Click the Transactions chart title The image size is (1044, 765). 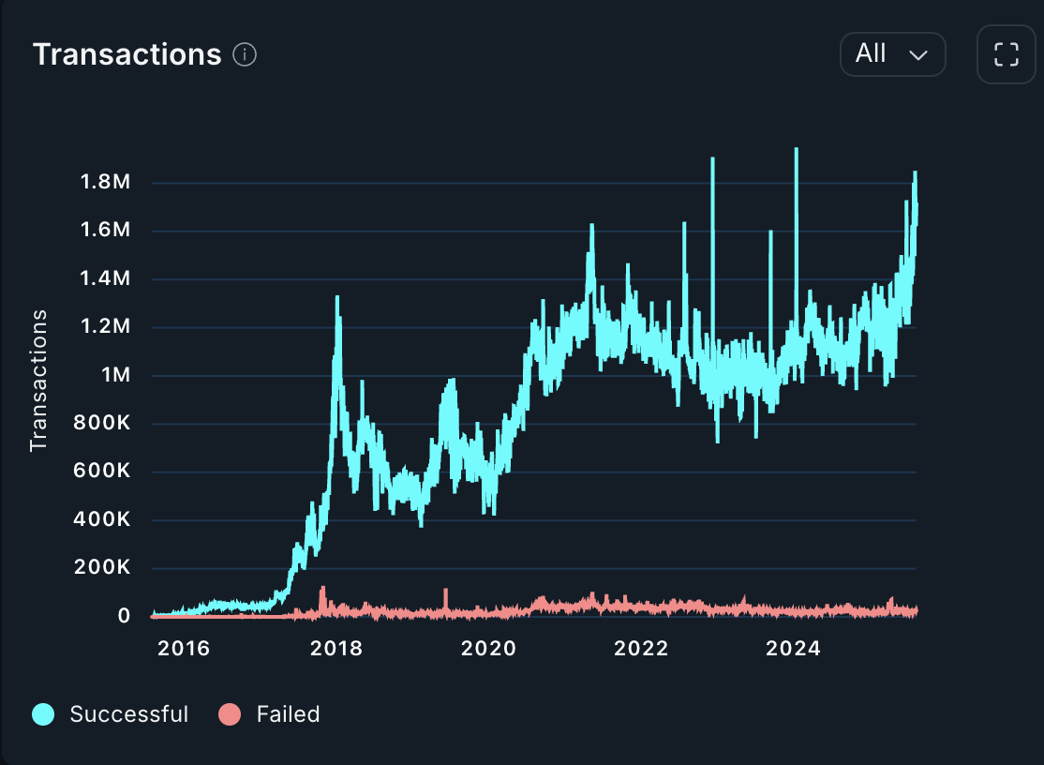tap(127, 54)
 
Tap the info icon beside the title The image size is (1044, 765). tap(245, 54)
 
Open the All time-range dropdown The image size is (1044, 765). tap(892, 54)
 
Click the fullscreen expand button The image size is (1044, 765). tap(1006, 54)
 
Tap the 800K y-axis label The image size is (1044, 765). tap(101, 424)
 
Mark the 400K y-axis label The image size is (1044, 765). tap(101, 520)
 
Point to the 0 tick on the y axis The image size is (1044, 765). tap(124, 616)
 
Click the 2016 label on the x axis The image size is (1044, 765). tap(185, 649)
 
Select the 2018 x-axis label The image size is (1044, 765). tap(336, 649)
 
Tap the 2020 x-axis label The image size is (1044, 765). tap(489, 649)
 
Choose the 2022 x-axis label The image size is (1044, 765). tap(642, 649)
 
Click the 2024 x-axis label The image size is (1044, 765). tap(793, 649)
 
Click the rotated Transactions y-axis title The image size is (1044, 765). tap(38, 381)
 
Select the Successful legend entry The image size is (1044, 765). tap(111, 714)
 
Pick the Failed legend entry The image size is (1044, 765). tap(270, 714)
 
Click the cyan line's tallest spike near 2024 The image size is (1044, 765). tap(796, 150)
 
